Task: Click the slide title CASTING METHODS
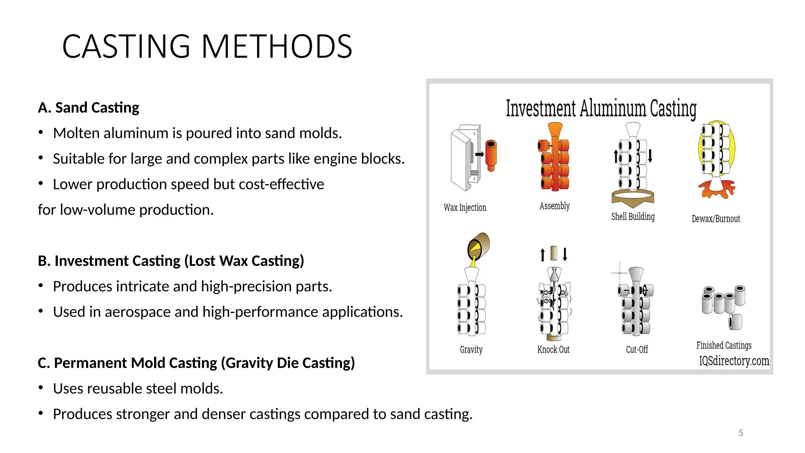point(207,46)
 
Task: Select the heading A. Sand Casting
point(88,108)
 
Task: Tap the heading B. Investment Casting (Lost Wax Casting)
point(171,261)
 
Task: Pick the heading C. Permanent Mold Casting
point(196,363)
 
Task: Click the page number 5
point(741,433)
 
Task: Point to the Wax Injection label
point(465,208)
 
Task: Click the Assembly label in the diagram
point(554,206)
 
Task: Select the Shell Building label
point(633,217)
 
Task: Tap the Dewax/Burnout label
point(716,219)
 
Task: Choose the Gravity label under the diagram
point(471,350)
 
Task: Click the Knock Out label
point(553,350)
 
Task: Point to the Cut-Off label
point(637,350)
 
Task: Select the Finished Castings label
point(724,346)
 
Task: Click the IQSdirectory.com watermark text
point(733,361)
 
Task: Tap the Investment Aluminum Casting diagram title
point(601,109)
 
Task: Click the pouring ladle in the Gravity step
point(478,246)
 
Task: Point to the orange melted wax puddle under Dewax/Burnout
point(717,189)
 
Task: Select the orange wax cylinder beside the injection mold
point(491,155)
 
